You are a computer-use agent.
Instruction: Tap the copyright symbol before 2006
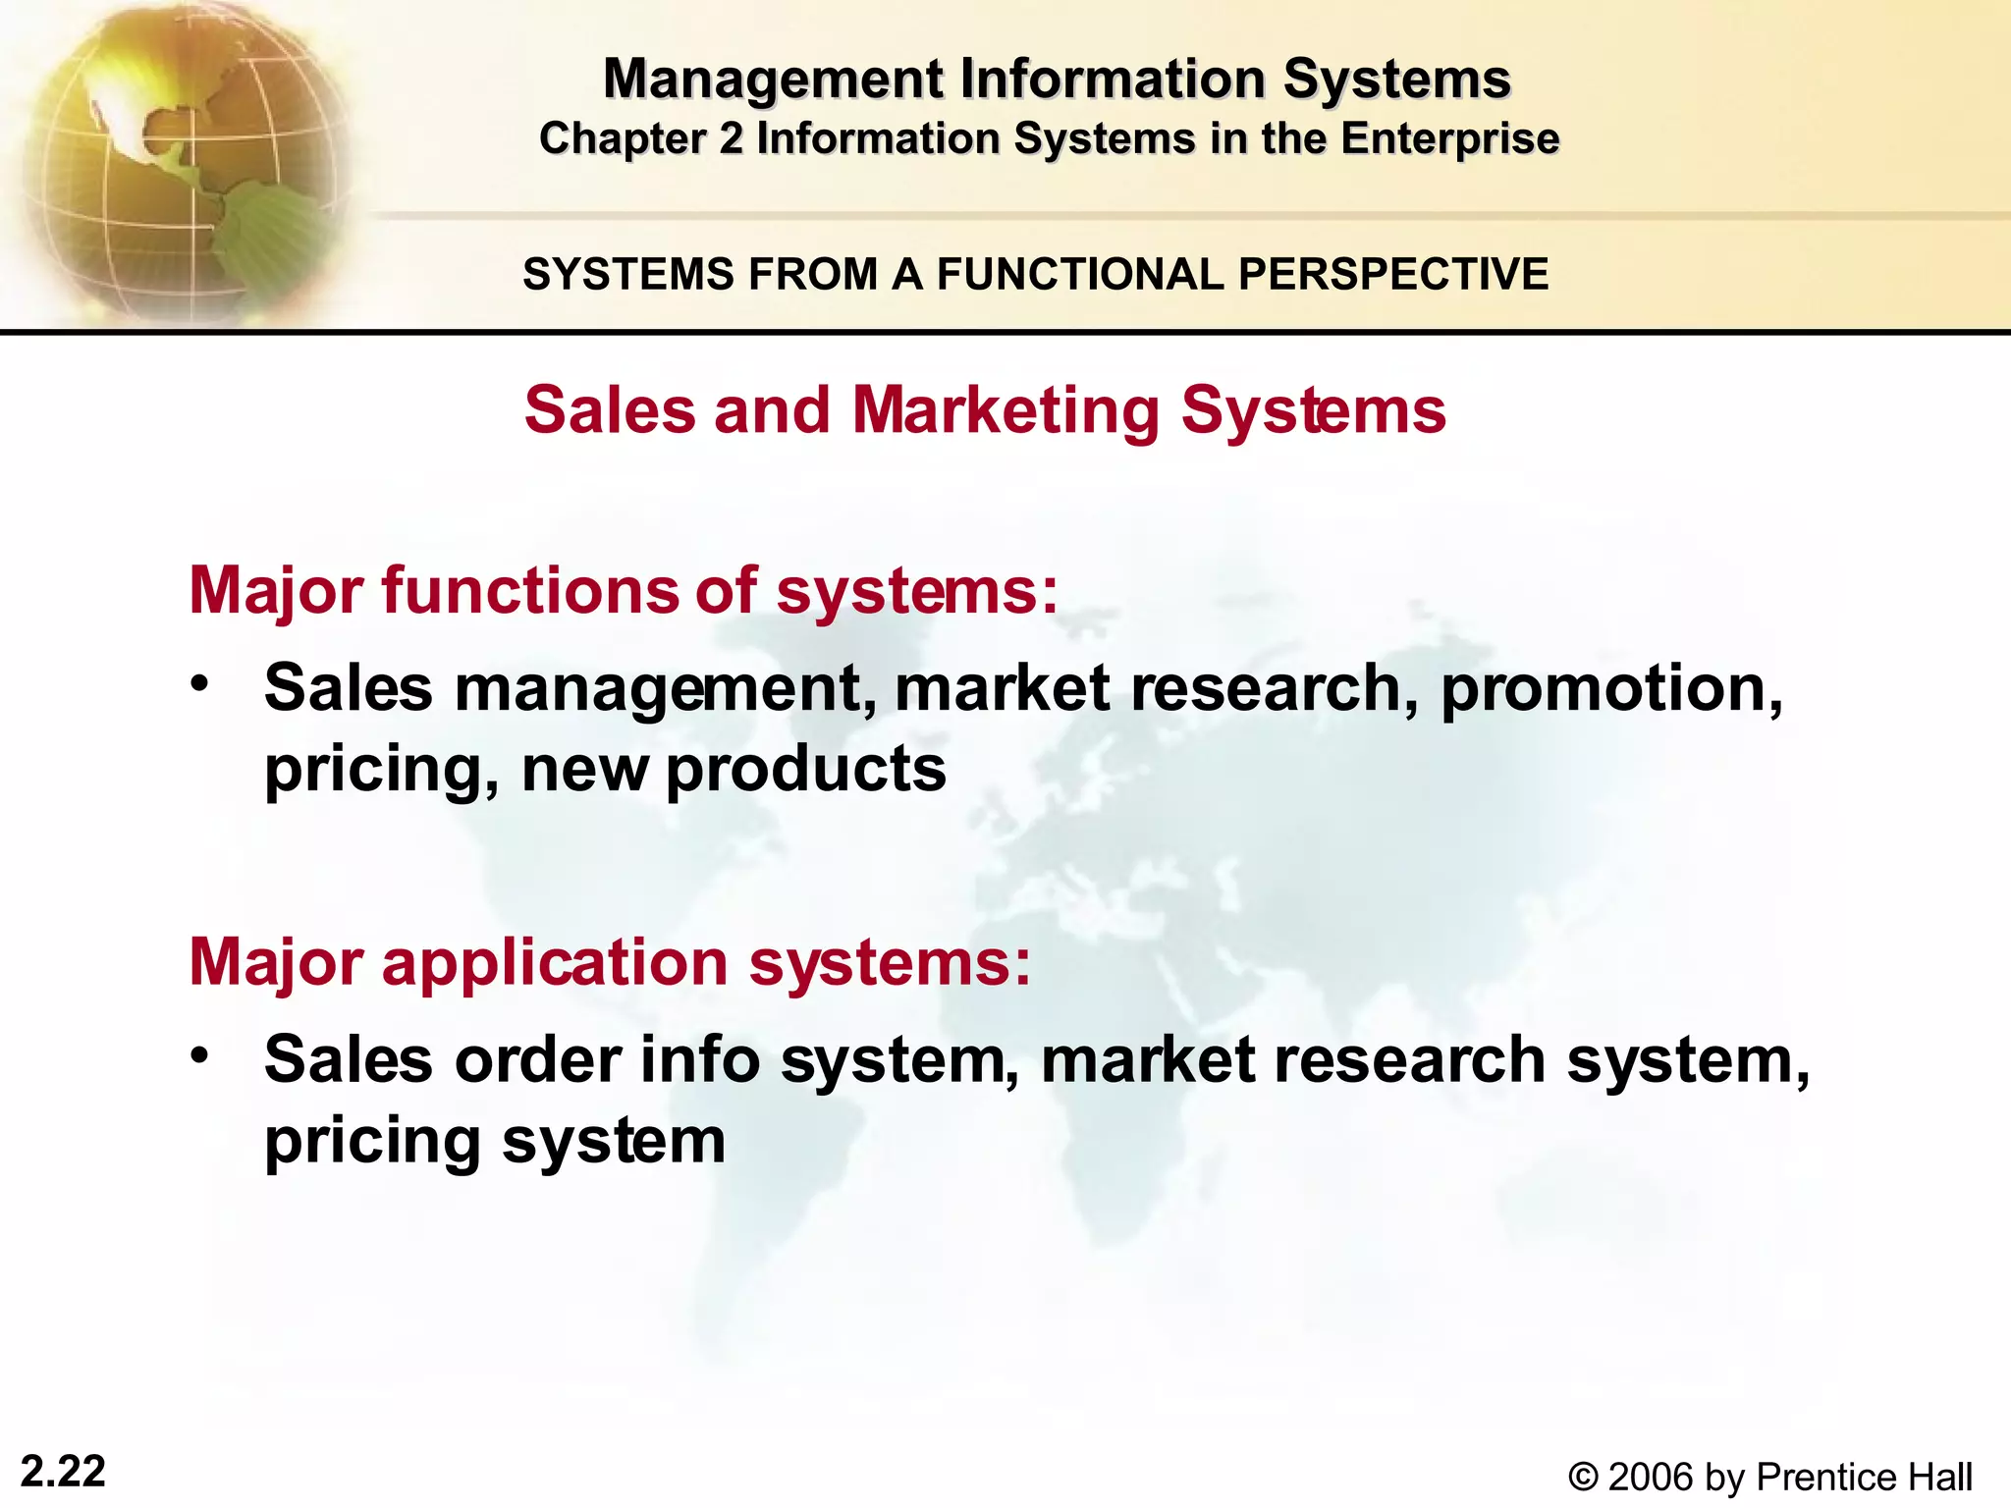tap(1583, 1477)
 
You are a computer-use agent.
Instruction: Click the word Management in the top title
tap(775, 80)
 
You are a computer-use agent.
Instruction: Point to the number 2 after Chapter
tap(731, 138)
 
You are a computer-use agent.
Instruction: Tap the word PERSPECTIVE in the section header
tap(1393, 274)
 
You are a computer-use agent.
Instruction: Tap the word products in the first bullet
tap(806, 769)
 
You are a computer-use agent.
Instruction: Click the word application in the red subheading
tap(555, 962)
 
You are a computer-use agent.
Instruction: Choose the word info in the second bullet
tap(700, 1060)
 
